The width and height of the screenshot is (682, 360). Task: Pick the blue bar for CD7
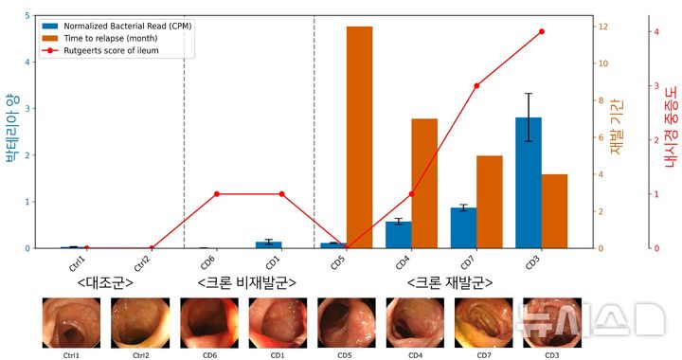coord(463,227)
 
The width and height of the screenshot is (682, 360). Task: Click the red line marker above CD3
coord(542,31)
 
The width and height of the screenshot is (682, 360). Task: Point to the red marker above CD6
coord(217,194)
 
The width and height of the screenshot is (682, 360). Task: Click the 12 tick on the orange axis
coord(602,27)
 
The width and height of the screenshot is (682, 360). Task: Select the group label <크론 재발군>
coord(450,282)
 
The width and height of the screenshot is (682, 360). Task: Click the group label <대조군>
coord(104,282)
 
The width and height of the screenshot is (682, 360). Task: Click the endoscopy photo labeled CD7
coord(483,323)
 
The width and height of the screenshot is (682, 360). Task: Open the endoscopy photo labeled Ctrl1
coord(72,323)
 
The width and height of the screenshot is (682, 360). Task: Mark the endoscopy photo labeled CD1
coord(278,323)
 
